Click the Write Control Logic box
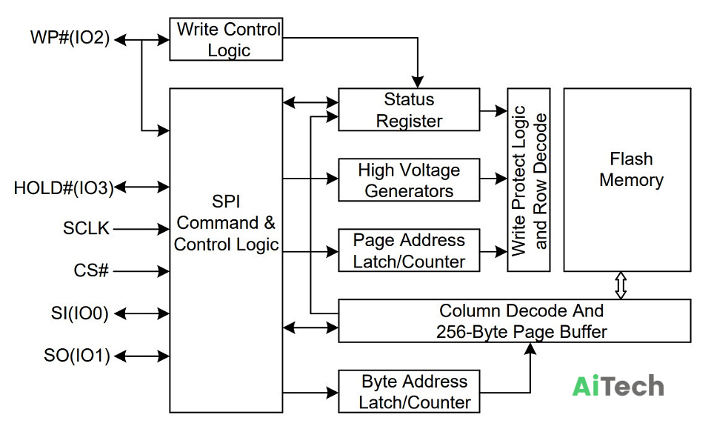click(x=226, y=39)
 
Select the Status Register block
click(x=409, y=110)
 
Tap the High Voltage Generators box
click(x=409, y=180)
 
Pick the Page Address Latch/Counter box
click(x=409, y=250)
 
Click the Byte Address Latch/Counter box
click(x=409, y=392)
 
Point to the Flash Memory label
click(x=631, y=170)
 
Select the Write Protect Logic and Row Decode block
click(x=529, y=180)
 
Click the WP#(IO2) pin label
click(x=70, y=37)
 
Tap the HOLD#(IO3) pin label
click(x=64, y=187)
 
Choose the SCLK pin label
click(x=87, y=228)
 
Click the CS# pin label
click(x=92, y=270)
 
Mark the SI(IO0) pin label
click(x=80, y=313)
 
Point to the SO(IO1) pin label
click(x=77, y=355)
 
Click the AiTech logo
click(x=618, y=386)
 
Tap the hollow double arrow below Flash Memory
click(x=621, y=285)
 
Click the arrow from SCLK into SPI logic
click(x=141, y=229)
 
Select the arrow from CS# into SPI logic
click(x=141, y=271)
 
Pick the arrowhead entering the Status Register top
click(x=418, y=82)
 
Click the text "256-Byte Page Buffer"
click(x=521, y=331)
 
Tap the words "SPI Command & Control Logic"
click(x=226, y=223)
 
